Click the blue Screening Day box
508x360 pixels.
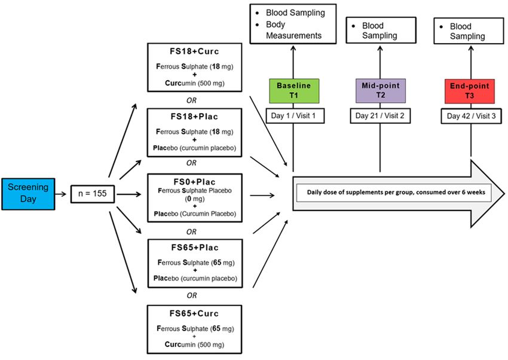pyautogui.click(x=28, y=194)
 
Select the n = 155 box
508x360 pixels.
pyautogui.click(x=93, y=194)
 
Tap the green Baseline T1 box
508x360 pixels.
pyautogui.click(x=294, y=91)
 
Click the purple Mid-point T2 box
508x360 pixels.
pyautogui.click(x=381, y=91)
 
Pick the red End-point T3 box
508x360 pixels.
pyautogui.click(x=469, y=91)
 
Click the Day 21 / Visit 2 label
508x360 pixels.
pyautogui.click(x=380, y=116)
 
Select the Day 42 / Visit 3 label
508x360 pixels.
pyautogui.click(x=471, y=116)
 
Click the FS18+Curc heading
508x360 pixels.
pyautogui.click(x=194, y=51)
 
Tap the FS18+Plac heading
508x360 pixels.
pyautogui.click(x=194, y=117)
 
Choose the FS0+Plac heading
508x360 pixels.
pyautogui.click(x=194, y=182)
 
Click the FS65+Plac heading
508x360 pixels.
pyautogui.click(x=195, y=248)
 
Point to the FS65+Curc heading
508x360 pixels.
pyautogui.click(x=194, y=314)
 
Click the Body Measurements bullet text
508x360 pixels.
pyautogui.click(x=293, y=30)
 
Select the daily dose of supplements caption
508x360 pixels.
pyautogui.click(x=396, y=192)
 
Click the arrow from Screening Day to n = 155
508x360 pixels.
pyautogui.click(x=60, y=194)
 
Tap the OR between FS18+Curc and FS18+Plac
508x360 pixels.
pyautogui.click(x=191, y=100)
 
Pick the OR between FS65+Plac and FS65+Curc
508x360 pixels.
pyautogui.click(x=192, y=295)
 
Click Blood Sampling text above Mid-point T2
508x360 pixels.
pyautogui.click(x=380, y=30)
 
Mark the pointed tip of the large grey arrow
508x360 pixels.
pyautogui.click(x=504, y=194)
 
